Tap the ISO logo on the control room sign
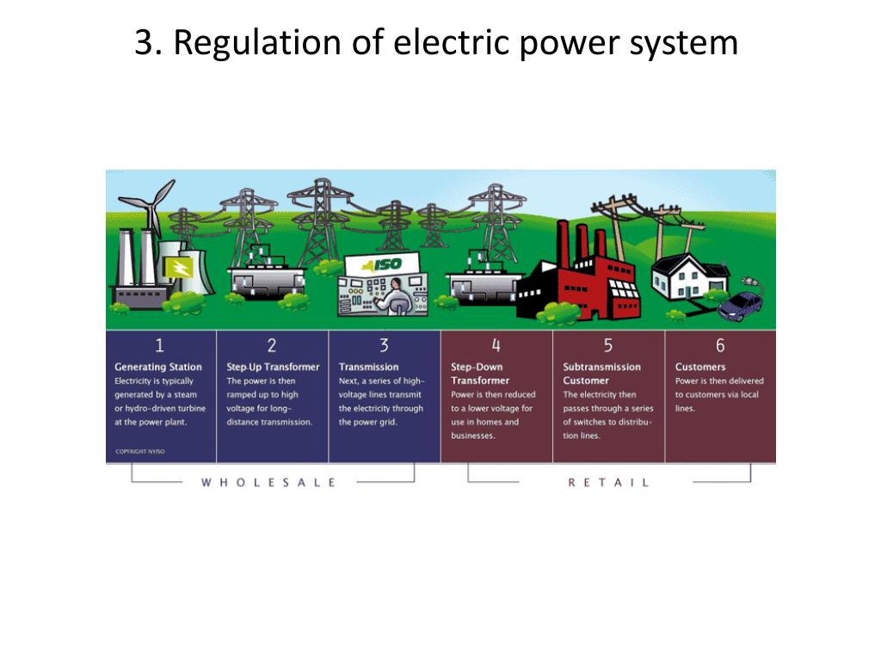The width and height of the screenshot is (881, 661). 385,264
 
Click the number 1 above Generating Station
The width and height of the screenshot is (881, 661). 160,346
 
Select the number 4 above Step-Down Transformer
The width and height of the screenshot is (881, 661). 496,346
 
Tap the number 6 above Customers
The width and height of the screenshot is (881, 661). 720,346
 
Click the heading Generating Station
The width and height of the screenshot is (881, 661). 158,367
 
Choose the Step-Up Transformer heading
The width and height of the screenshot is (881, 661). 273,367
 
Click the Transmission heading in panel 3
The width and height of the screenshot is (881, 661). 369,367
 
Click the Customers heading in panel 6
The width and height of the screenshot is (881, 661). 700,367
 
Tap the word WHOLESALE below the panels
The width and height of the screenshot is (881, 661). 268,483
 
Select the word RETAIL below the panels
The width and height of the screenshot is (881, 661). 608,483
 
